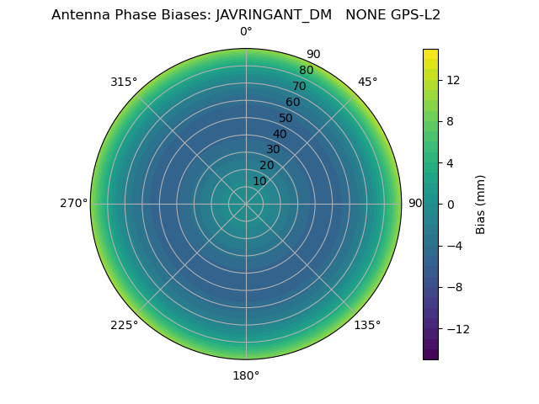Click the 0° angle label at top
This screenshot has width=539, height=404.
tap(246, 32)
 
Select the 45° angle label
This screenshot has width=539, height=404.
tap(367, 82)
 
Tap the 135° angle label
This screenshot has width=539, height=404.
tap(367, 325)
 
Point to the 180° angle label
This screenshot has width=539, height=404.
tap(246, 375)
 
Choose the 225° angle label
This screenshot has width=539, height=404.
tap(124, 325)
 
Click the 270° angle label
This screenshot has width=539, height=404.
tap(73, 204)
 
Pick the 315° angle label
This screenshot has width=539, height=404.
tap(124, 82)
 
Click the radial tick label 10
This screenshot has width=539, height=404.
tap(259, 181)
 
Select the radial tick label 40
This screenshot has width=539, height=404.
tap(280, 134)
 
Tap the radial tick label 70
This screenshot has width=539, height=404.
tap(299, 86)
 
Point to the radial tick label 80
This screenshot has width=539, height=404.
tap(306, 71)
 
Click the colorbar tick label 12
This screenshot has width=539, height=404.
tap(452, 80)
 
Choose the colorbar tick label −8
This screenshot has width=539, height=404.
tap(452, 287)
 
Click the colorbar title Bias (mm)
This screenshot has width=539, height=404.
tap(481, 205)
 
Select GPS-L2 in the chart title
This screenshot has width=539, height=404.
tap(413, 15)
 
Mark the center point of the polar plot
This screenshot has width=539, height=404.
tap(246, 204)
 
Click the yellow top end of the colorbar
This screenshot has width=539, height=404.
tap(430, 53)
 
